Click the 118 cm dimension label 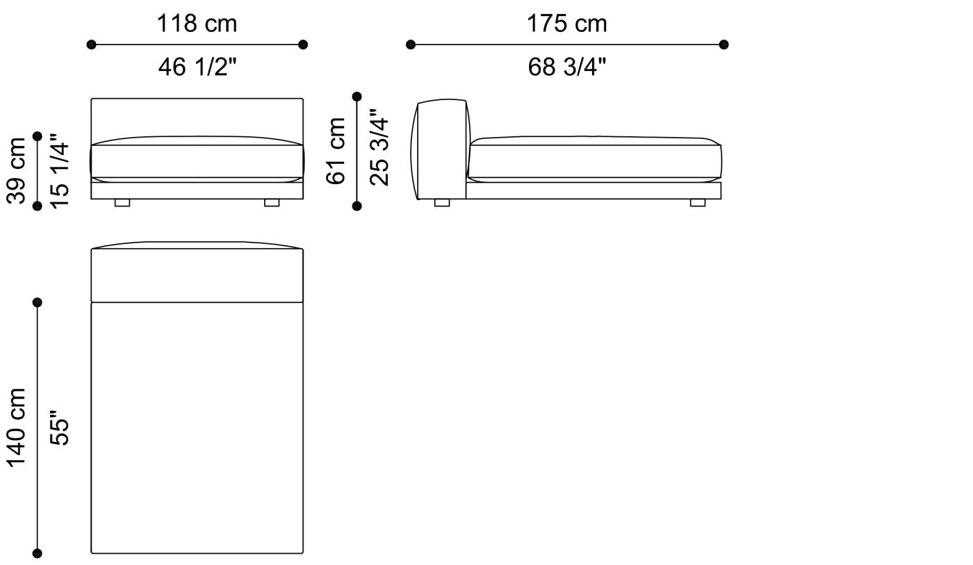pos(197,24)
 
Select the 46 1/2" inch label pos(197,67)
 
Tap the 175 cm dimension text pos(566,24)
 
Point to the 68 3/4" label pos(566,67)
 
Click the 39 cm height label pos(17,171)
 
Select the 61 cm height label pos(336,151)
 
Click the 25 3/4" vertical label pos(379,147)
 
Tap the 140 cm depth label pos(17,427)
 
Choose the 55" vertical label pos(60,432)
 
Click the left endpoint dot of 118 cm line pos(91,44)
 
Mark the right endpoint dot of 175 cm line pos(723,44)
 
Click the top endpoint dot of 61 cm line pos(357,97)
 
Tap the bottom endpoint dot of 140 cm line pos(38,553)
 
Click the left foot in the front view pos(122,203)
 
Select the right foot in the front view pos(272,203)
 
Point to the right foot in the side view pos(697,203)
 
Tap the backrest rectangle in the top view pos(197,275)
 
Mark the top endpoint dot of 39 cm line pos(38,136)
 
